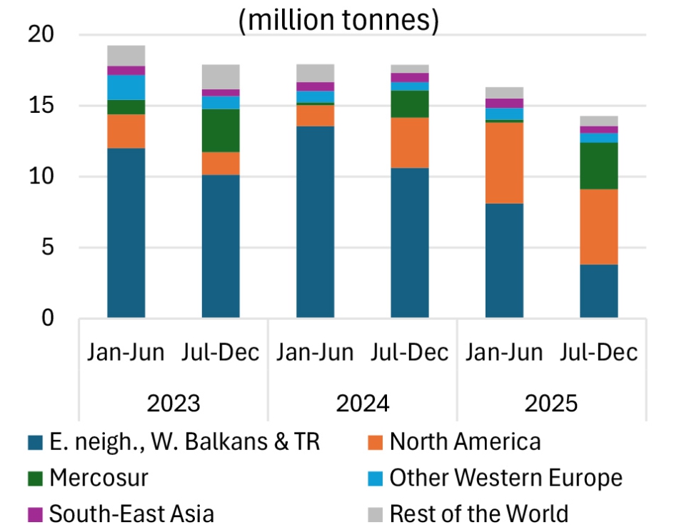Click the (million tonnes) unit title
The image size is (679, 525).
click(338, 21)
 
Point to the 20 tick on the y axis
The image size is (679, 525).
click(46, 35)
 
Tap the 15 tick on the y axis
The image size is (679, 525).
click(46, 106)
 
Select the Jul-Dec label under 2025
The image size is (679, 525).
click(599, 353)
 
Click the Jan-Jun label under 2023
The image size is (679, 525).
click(126, 353)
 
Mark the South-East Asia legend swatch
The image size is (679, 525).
click(35, 514)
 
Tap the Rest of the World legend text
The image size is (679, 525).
click(479, 514)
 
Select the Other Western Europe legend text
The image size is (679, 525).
click(506, 478)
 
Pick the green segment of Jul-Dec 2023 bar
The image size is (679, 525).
click(221, 131)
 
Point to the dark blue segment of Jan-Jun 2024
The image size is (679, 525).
click(316, 222)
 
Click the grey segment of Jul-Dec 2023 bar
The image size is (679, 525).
click(221, 76)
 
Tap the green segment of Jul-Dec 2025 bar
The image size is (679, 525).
click(599, 166)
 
